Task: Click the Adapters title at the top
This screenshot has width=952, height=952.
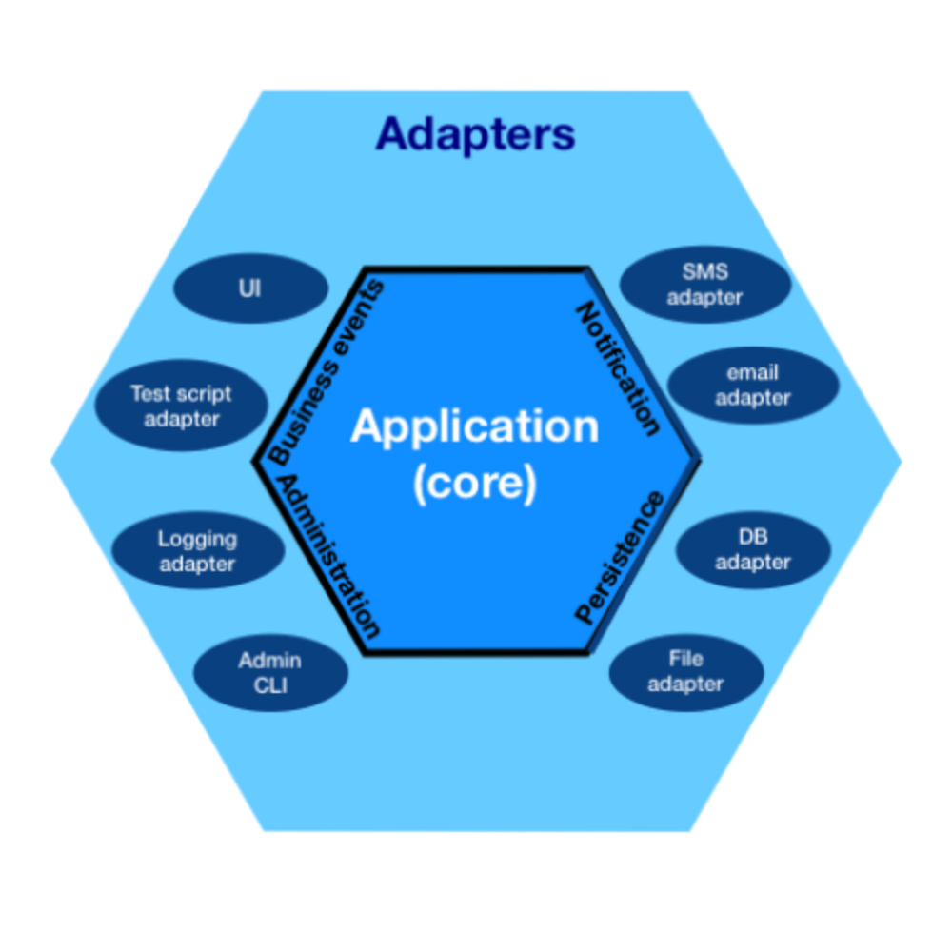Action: coord(475,134)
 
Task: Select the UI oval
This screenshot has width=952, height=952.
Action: coord(250,288)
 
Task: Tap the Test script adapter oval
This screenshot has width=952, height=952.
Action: coord(181,407)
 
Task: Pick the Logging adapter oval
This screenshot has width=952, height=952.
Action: coord(197,551)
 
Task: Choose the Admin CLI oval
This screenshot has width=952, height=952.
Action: coord(270,673)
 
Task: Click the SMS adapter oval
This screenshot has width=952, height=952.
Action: coord(704,285)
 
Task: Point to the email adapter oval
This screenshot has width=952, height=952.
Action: coord(752,385)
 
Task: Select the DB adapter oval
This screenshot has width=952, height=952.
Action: coord(752,549)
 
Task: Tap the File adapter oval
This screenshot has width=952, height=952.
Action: coord(685,671)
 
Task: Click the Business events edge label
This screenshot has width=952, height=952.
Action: coord(327,372)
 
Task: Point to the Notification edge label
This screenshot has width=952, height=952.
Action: coord(620,368)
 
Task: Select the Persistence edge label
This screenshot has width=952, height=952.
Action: coord(620,558)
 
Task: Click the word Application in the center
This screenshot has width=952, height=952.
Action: coord(475,426)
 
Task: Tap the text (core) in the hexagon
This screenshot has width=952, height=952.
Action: coord(475,483)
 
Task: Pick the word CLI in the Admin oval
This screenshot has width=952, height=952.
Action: coord(270,685)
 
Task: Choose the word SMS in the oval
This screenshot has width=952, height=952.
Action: coord(704,272)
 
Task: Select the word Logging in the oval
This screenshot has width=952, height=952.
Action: coord(197,539)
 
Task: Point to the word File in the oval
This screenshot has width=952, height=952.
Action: coord(685,659)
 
